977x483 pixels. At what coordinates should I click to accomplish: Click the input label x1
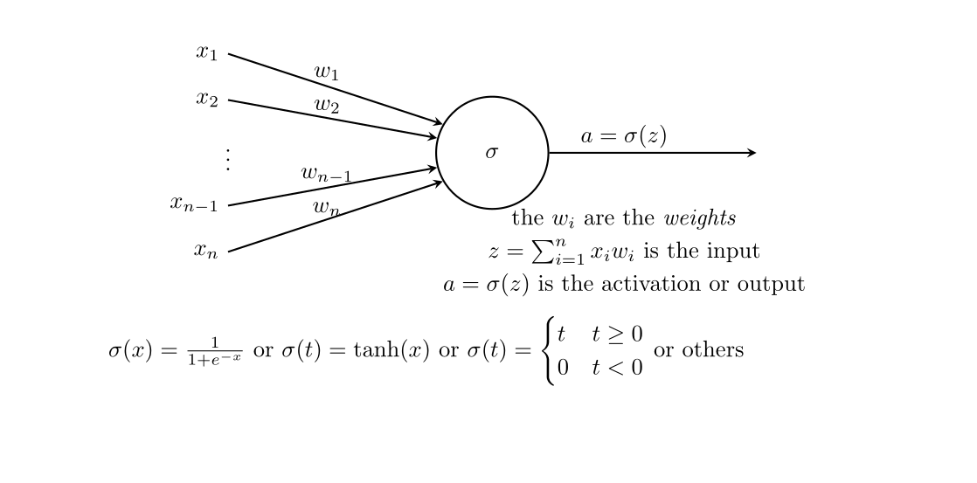(x=206, y=53)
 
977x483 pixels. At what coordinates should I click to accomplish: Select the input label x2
(x=206, y=99)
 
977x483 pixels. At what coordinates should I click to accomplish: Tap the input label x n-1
(x=194, y=204)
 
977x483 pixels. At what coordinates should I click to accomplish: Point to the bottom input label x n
(x=205, y=251)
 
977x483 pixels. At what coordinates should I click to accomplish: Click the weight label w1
(x=326, y=72)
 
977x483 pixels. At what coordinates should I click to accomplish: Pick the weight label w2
(x=326, y=106)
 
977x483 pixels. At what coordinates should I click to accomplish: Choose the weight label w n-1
(x=326, y=174)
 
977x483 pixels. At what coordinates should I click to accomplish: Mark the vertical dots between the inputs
(x=228, y=159)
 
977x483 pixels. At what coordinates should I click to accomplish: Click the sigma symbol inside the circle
(x=492, y=153)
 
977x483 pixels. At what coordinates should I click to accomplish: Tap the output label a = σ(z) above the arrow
(x=623, y=136)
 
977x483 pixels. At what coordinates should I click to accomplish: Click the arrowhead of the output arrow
(x=751, y=153)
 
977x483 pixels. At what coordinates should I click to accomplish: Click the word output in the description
(x=774, y=285)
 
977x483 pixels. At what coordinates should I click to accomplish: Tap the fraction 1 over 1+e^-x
(x=214, y=351)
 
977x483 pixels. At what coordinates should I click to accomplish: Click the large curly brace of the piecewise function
(x=549, y=351)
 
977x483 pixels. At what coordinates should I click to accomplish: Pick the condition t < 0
(x=617, y=368)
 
